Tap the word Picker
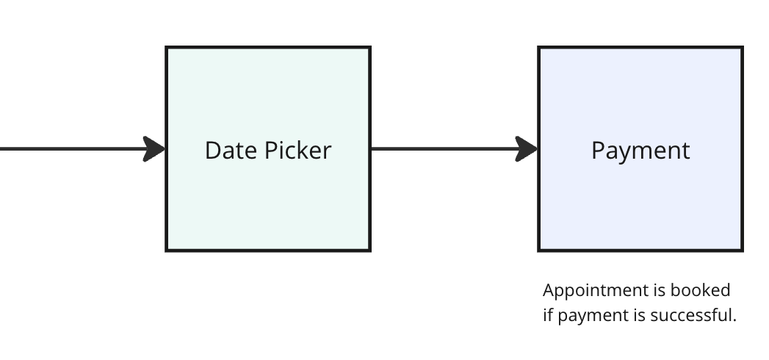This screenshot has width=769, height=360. [x=298, y=150]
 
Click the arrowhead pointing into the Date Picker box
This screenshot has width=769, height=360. [x=154, y=148]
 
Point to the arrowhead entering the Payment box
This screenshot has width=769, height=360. [x=527, y=148]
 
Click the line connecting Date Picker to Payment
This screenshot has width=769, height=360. [x=444, y=148]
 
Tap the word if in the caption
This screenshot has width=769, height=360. [x=548, y=315]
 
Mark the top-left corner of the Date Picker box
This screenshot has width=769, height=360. [x=167, y=48]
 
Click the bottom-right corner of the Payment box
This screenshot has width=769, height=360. [x=743, y=251]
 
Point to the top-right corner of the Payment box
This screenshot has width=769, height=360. [x=743, y=48]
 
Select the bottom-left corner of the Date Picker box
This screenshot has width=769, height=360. [x=167, y=251]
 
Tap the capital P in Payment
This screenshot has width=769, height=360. [x=598, y=151]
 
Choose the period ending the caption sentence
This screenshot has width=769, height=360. [x=734, y=321]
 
